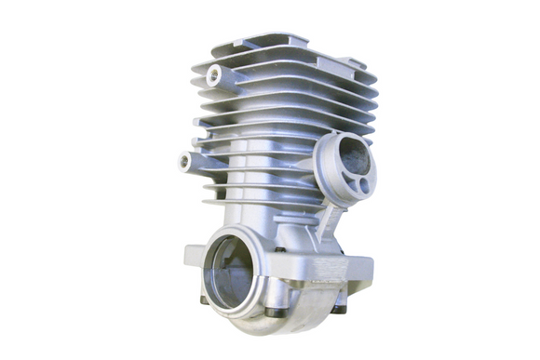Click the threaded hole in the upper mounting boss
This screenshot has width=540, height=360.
point(213,75)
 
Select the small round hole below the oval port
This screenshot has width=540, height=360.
point(363,185)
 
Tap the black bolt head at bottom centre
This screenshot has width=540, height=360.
point(271,310)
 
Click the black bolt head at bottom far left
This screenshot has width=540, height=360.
point(205,300)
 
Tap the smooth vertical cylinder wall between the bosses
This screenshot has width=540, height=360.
point(251,177)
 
